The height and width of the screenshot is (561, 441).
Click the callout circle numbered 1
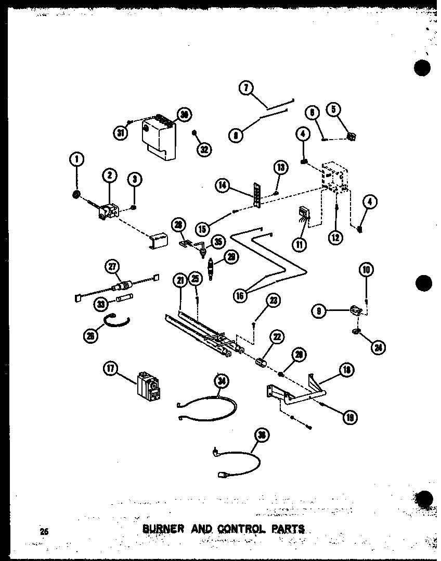click(x=76, y=159)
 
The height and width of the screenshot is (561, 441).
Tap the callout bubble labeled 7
click(x=247, y=88)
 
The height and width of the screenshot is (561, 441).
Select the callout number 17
click(x=110, y=369)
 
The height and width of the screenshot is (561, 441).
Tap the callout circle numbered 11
click(x=301, y=244)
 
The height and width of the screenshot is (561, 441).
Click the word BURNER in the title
click(x=163, y=530)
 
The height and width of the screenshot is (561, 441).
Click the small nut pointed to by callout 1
click(x=76, y=195)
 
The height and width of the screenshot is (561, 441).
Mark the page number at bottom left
click(x=44, y=531)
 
